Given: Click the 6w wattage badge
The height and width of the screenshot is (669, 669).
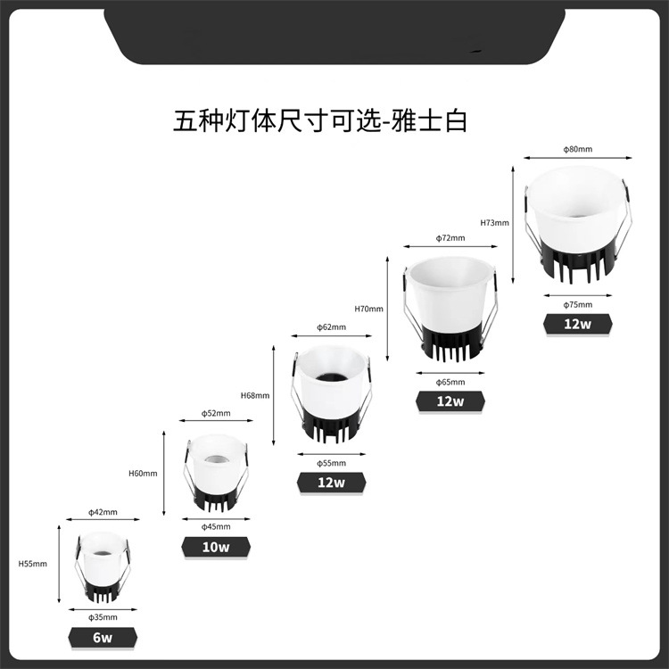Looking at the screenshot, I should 103,638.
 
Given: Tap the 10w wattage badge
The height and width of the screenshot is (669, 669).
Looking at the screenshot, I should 216,546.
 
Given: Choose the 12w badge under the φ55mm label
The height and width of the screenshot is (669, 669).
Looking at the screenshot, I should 330,483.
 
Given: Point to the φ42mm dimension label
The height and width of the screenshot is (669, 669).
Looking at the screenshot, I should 103,512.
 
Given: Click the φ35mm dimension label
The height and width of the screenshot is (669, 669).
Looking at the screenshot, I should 103,616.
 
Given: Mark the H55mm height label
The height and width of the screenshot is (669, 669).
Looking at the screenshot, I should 33,564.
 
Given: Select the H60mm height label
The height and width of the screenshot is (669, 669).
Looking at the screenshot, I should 143,473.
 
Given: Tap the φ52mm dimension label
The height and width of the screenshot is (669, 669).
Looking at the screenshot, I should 216,413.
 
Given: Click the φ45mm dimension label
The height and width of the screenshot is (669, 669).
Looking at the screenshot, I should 216,525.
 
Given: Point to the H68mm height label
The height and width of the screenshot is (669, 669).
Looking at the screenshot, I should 255,394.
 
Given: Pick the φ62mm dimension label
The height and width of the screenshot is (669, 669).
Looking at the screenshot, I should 331,327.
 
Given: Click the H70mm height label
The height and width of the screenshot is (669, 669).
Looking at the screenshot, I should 368,309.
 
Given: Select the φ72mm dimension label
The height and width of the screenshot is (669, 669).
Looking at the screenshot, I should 450,238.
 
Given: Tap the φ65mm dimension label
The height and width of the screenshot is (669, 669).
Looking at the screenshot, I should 450,382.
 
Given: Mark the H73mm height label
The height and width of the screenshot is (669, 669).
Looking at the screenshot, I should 494,222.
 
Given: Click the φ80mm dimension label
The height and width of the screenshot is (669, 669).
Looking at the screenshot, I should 577,149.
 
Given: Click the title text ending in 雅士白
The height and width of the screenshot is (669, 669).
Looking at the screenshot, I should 320,121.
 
